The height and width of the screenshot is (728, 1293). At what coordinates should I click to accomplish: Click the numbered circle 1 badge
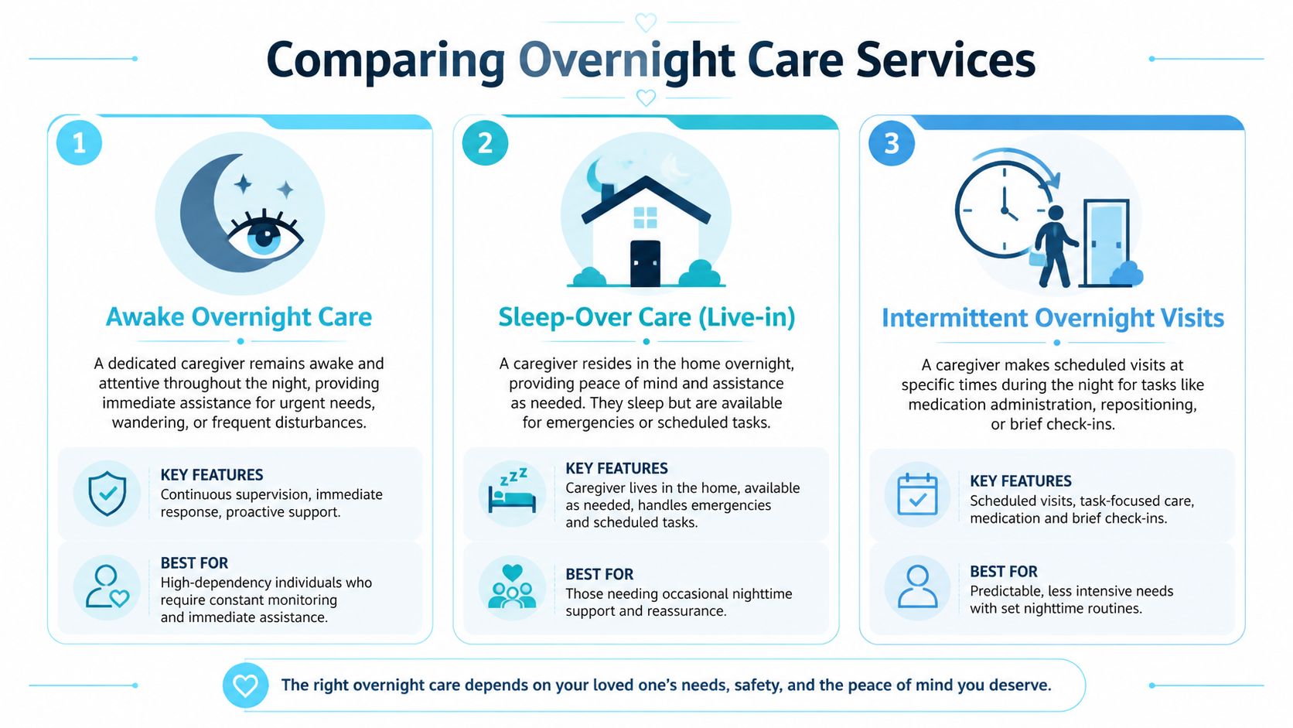[79, 142]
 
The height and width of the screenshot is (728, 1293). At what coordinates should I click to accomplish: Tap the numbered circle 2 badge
[485, 142]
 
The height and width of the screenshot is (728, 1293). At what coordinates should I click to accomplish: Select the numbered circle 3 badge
[891, 143]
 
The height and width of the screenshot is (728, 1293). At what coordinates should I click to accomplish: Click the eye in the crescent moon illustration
[265, 235]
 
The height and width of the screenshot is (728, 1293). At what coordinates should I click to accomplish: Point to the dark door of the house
[646, 263]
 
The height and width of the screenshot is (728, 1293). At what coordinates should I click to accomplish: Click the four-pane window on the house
[646, 217]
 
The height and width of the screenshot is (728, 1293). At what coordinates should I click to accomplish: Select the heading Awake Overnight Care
[239, 317]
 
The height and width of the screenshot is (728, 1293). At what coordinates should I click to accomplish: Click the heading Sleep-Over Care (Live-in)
[646, 317]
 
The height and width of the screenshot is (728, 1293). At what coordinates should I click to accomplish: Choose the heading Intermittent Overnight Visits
[1052, 318]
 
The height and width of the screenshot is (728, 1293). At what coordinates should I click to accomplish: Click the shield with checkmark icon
[107, 493]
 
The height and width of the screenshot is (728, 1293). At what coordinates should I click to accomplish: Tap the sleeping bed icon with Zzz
[512, 490]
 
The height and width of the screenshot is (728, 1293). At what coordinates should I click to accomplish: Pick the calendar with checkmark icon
[917, 495]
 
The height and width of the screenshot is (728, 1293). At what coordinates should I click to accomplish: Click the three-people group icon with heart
[512, 586]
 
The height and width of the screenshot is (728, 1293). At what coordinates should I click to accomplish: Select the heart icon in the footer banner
[245, 685]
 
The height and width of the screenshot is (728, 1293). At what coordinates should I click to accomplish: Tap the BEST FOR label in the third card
[1004, 572]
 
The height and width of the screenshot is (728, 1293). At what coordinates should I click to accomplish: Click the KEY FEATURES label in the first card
[212, 474]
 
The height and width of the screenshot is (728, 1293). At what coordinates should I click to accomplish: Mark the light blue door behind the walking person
[1106, 242]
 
